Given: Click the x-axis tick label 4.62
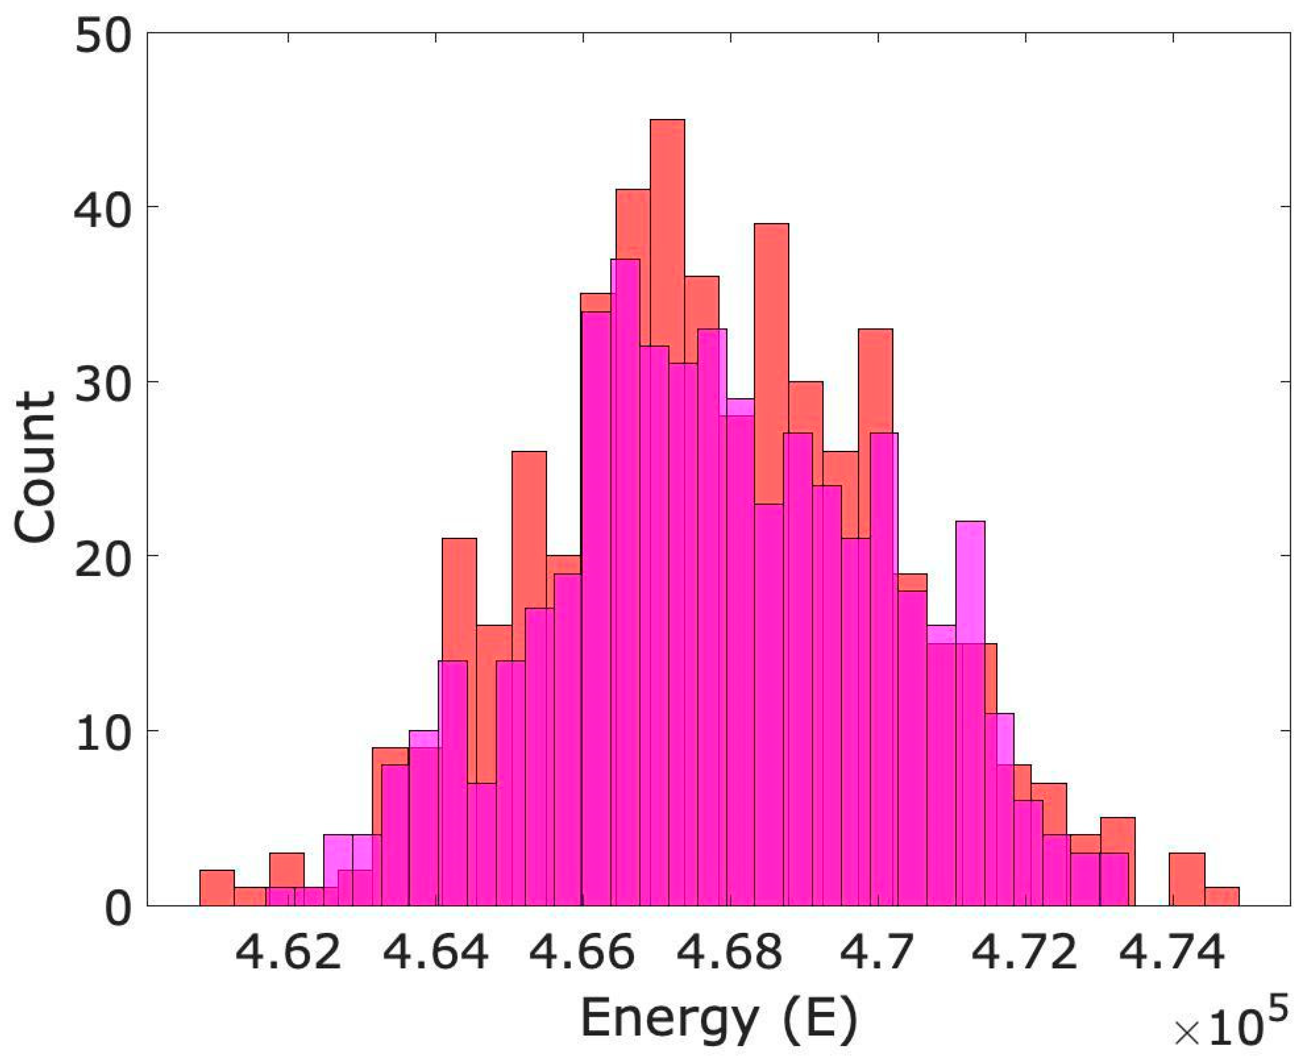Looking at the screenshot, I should click(x=288, y=953).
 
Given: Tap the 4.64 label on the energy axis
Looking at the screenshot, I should click(x=435, y=953).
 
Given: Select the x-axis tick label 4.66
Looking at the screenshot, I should click(x=583, y=953).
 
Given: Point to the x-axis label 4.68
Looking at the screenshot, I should click(x=730, y=953).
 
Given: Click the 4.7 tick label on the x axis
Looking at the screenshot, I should click(x=878, y=953).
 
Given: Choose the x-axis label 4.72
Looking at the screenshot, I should click(x=1025, y=953).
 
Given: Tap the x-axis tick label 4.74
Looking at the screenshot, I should click(x=1172, y=953).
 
